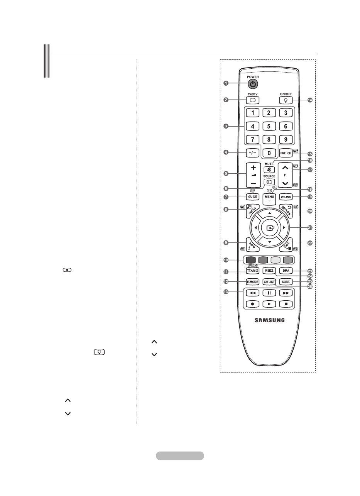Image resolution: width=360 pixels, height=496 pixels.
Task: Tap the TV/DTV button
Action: click(252, 100)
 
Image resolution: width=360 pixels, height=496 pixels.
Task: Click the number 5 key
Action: click(269, 126)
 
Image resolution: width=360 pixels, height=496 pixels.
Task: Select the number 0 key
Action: click(269, 152)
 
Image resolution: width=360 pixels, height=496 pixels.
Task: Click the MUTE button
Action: click(269, 169)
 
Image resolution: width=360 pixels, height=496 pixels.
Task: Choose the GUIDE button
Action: click(253, 196)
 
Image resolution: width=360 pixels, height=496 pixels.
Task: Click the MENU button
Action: click(269, 198)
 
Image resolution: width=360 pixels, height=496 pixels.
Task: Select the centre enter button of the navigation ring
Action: click(269, 228)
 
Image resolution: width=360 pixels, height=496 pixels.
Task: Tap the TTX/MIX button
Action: click(253, 271)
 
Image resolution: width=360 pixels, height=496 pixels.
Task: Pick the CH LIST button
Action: click(269, 282)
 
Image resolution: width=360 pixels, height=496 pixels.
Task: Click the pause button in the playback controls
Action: click(269, 293)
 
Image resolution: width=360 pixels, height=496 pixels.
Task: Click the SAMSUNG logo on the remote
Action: click(269, 320)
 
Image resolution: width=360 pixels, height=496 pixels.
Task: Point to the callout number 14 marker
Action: click(309, 100)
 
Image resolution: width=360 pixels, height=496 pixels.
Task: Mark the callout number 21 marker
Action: click(309, 228)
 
